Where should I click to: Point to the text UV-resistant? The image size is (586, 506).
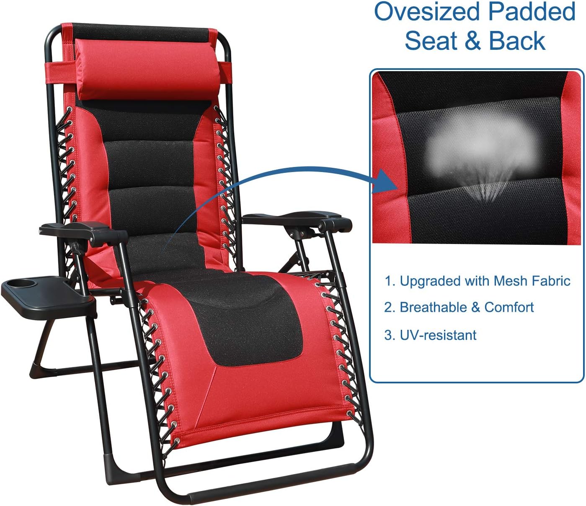(438, 335)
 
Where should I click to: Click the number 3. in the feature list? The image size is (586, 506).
(390, 335)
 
